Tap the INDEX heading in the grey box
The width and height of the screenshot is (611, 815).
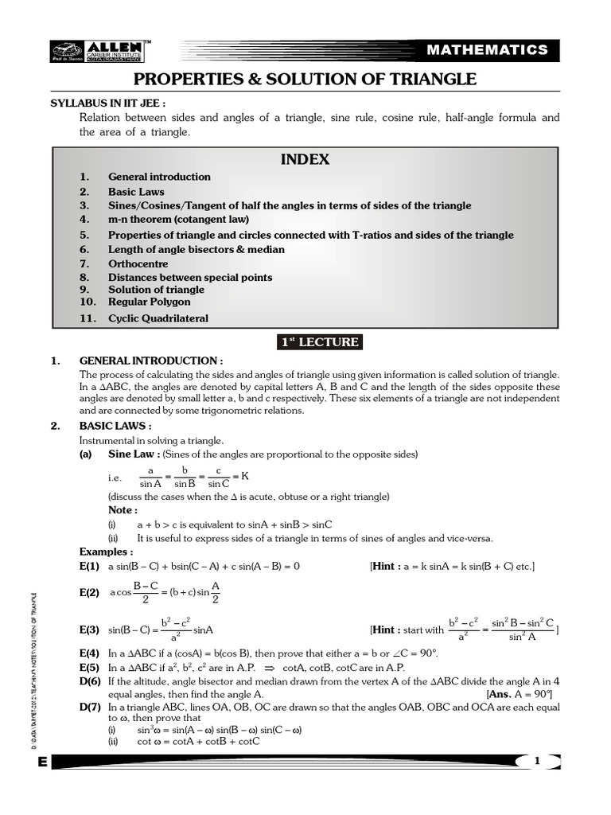pos(305,159)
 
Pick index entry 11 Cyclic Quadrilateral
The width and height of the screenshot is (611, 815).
pos(158,318)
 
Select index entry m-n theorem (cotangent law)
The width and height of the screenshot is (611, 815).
pos(178,219)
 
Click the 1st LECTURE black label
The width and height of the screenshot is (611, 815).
pos(319,342)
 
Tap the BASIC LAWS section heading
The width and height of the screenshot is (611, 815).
pos(115,426)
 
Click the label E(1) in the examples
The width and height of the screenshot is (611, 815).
pos(89,567)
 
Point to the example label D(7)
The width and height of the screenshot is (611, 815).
pos(89,707)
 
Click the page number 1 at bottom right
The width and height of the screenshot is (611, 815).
pos(537,762)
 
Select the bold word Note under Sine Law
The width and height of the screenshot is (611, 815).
pos(123,510)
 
